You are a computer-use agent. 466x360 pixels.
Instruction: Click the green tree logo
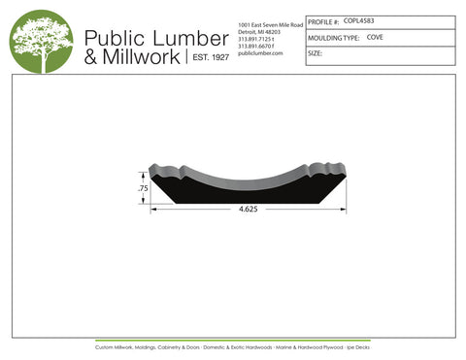[x=41, y=43]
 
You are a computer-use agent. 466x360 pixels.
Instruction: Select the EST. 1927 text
[x=207, y=58]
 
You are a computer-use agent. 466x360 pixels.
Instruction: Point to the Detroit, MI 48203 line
[x=260, y=30]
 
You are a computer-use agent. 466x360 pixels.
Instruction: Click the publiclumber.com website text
[x=259, y=53]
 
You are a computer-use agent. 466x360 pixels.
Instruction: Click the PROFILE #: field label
[x=323, y=20]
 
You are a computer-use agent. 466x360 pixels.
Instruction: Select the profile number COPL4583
[x=361, y=20]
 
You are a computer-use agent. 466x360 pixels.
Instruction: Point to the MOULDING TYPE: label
[x=333, y=38]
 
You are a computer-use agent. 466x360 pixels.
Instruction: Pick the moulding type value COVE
[x=375, y=37]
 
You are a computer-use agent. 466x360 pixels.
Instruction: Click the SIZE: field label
[x=315, y=54]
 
